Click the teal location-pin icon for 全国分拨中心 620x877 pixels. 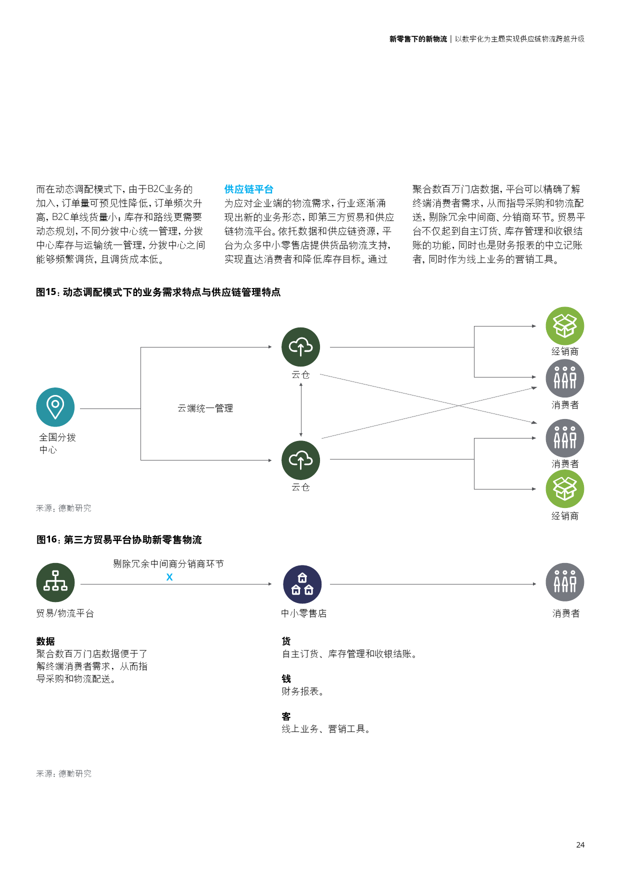tap(55, 407)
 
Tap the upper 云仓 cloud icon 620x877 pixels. tap(300, 347)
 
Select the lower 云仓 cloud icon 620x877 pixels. tap(300, 460)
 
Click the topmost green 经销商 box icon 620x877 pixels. tap(565, 326)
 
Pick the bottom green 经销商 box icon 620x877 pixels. tap(565, 489)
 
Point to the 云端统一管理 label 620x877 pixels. tap(205, 408)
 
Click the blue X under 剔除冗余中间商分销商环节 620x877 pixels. tap(169, 577)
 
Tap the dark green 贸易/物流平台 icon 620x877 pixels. tap(55, 582)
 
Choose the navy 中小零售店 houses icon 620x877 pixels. tap(302, 584)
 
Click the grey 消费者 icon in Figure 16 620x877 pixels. tap(565, 582)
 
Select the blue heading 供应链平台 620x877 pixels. tap(248, 189)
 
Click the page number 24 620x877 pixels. tap(580, 844)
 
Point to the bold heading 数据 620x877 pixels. tap(45, 641)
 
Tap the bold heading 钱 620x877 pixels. tap(286, 678)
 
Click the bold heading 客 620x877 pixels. tap(286, 716)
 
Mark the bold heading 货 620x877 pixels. tap(286, 641)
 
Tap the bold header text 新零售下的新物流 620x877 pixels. tap(418, 39)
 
